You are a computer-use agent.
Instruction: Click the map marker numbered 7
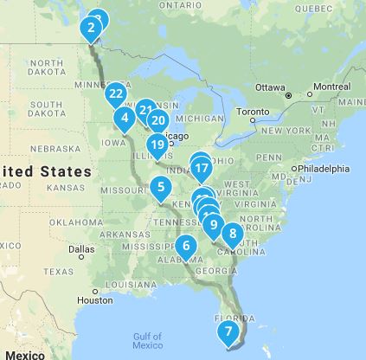click(x=228, y=331)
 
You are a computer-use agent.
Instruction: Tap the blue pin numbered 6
click(x=186, y=246)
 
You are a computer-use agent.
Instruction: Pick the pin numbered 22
click(x=116, y=93)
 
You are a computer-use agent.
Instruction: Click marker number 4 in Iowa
click(x=125, y=118)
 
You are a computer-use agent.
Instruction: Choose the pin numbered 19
click(x=157, y=145)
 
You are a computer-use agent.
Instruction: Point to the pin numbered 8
click(x=232, y=233)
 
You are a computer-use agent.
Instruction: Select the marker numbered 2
click(x=91, y=29)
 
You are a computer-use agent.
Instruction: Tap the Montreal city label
click(x=331, y=87)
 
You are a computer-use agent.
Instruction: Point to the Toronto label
click(x=254, y=112)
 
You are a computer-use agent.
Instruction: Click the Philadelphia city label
click(x=324, y=169)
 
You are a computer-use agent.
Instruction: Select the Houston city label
click(x=94, y=300)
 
